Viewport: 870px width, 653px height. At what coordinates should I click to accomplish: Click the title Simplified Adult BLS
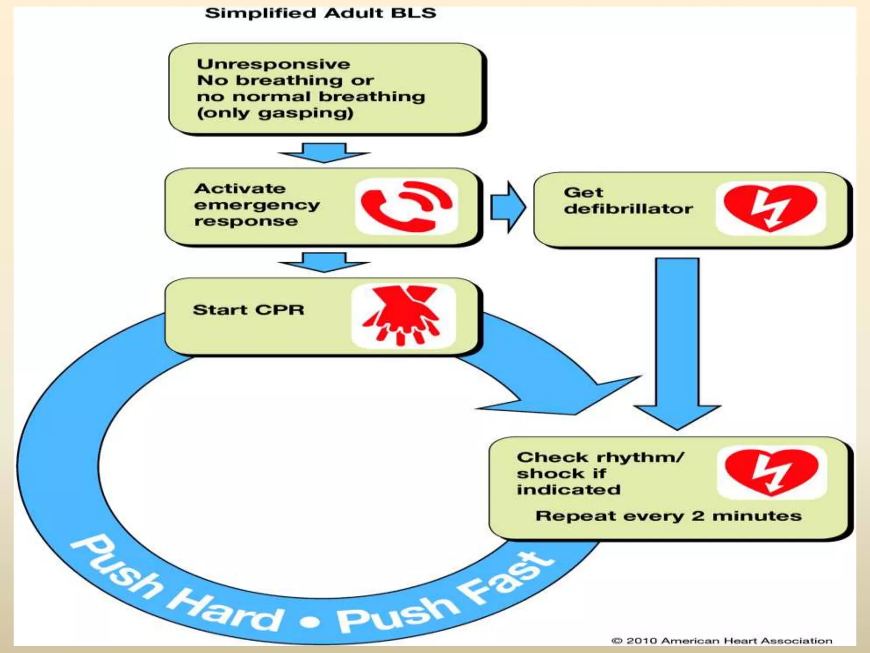320,13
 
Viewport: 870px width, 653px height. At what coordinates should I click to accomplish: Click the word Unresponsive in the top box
273,65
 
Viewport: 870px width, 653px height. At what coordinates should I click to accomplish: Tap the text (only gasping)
275,114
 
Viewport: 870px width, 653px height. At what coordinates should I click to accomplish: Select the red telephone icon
406,207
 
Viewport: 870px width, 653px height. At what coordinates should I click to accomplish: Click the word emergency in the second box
257,205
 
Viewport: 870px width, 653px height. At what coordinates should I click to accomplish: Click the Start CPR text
249,310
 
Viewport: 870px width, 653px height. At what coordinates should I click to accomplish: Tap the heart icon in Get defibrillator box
770,208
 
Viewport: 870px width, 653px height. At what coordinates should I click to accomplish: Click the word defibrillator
628,209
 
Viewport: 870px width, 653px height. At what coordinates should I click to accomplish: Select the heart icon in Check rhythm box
771,472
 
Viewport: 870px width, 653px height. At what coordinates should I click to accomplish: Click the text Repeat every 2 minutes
668,516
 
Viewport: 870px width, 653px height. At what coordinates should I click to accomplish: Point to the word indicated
568,490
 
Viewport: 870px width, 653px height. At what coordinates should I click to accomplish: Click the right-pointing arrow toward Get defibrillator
508,207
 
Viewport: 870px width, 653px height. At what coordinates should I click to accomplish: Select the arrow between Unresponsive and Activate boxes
324,153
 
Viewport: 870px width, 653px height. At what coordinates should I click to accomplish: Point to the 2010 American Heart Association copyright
722,641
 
